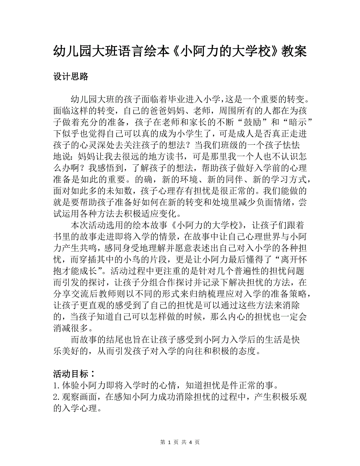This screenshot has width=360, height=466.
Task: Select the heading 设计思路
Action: (70, 77)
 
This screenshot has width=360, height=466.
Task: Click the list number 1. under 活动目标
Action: (56, 383)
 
